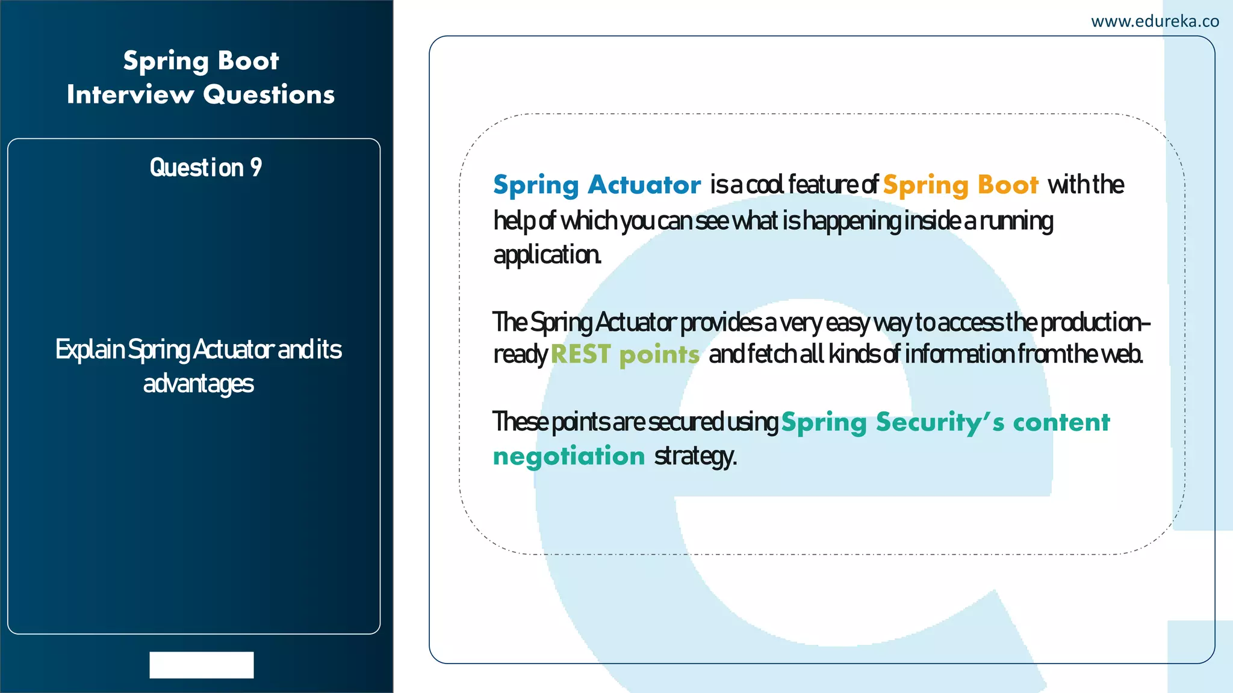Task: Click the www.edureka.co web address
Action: [x=1155, y=22]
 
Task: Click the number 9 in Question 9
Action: [x=256, y=168]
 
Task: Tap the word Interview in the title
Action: [x=130, y=94]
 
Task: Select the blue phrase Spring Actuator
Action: [x=597, y=185]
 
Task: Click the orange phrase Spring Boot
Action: [x=960, y=185]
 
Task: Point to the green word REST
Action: [x=580, y=354]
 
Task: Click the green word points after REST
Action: [x=659, y=355]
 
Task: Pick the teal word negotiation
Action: [x=569, y=456]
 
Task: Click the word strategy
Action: [x=695, y=457]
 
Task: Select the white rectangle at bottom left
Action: [x=202, y=665]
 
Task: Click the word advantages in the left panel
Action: [x=199, y=384]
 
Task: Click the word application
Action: [x=547, y=255]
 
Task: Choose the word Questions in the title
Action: [x=269, y=94]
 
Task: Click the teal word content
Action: [x=1061, y=422]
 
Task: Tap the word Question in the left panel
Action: [x=196, y=168]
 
